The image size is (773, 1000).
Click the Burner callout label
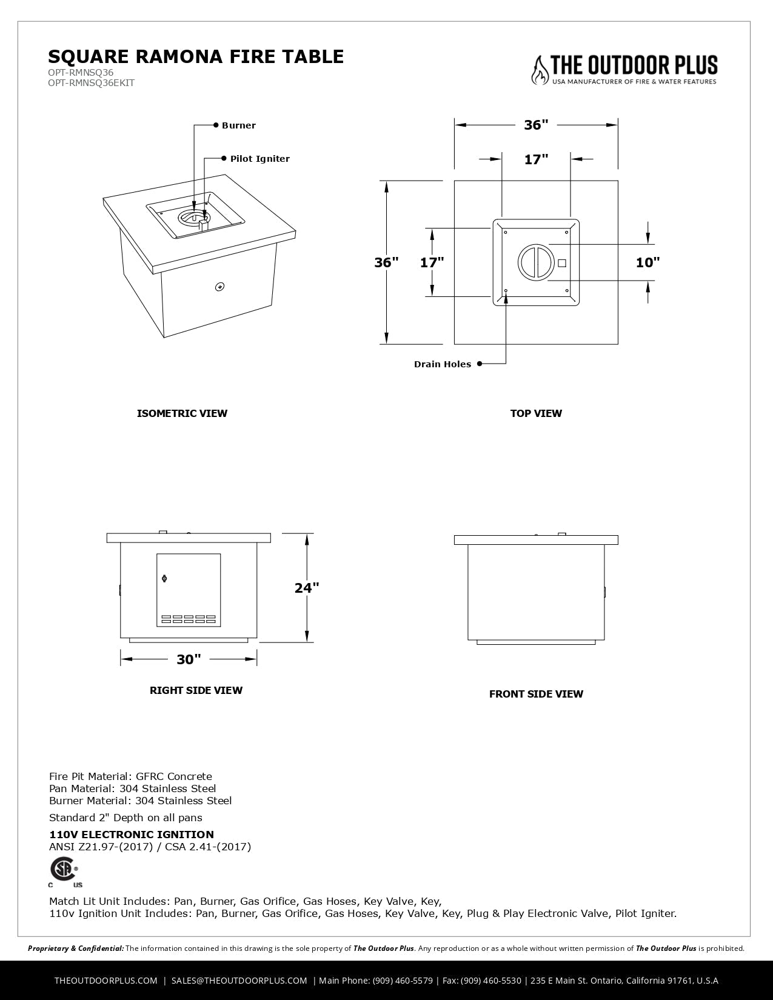click(x=238, y=125)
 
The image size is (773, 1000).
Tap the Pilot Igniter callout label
click(x=259, y=159)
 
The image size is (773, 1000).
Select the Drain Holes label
click(x=443, y=364)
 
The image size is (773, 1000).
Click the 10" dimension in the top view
click(x=648, y=262)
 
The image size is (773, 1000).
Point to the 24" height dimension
click(x=307, y=588)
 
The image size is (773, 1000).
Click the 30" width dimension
click(x=189, y=659)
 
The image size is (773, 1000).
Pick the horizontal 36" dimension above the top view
click(x=536, y=125)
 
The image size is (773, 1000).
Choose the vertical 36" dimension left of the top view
click(x=386, y=262)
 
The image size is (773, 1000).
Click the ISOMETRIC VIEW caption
click(x=182, y=413)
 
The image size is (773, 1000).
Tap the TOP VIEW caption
click(x=536, y=413)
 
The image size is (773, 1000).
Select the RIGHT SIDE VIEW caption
click(x=196, y=690)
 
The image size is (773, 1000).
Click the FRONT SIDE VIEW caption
click(x=536, y=694)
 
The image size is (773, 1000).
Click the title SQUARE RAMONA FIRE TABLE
click(x=196, y=56)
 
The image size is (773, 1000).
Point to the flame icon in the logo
click(x=539, y=70)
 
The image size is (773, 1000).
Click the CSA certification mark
click(x=64, y=871)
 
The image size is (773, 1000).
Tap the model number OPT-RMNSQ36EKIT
click(x=91, y=83)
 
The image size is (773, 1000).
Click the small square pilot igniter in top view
click(x=561, y=263)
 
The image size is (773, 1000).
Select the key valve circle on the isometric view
click(x=219, y=287)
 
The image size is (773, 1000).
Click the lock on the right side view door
click(x=164, y=579)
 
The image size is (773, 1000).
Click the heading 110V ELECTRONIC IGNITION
click(x=132, y=835)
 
